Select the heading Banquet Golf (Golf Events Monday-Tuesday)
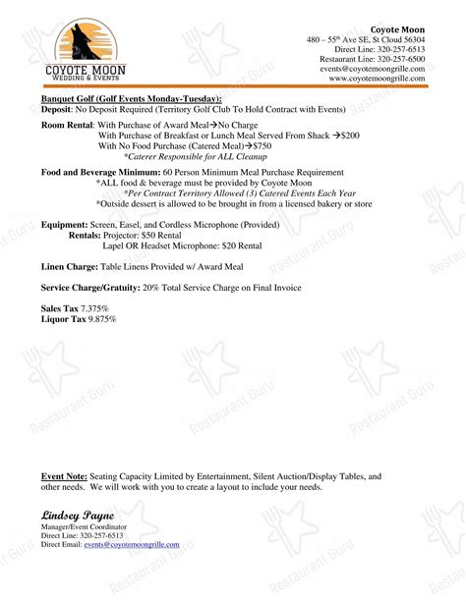pos(131,99)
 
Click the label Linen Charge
pos(69,267)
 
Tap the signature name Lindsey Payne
pos(78,516)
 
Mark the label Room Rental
pos(68,126)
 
